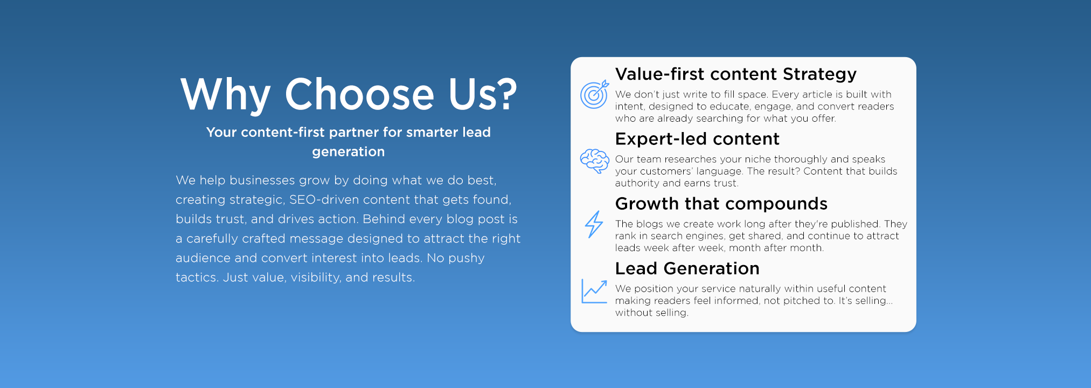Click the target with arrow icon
tap(594, 95)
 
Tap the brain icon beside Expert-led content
tap(594, 161)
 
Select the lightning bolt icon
tap(594, 224)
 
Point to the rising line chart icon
tap(594, 291)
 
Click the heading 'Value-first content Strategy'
tap(736, 74)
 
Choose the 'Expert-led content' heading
tap(697, 139)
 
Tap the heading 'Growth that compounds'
tap(721, 204)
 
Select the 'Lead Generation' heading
tap(687, 268)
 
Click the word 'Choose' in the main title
tap(359, 94)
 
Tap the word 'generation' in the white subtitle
tap(348, 152)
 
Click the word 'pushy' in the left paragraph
tap(467, 258)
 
